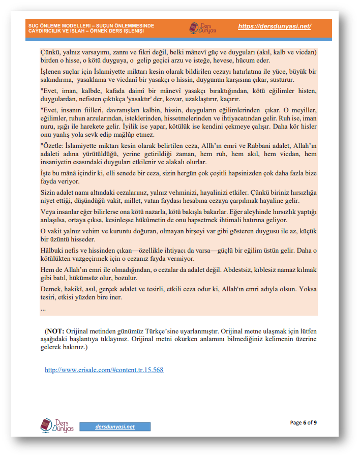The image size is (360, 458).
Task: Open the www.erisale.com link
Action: (x=104, y=370)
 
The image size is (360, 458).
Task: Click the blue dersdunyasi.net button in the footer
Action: (x=115, y=426)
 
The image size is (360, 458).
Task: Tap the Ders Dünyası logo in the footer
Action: (x=57, y=425)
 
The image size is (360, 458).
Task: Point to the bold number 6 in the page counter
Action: (x=305, y=422)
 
